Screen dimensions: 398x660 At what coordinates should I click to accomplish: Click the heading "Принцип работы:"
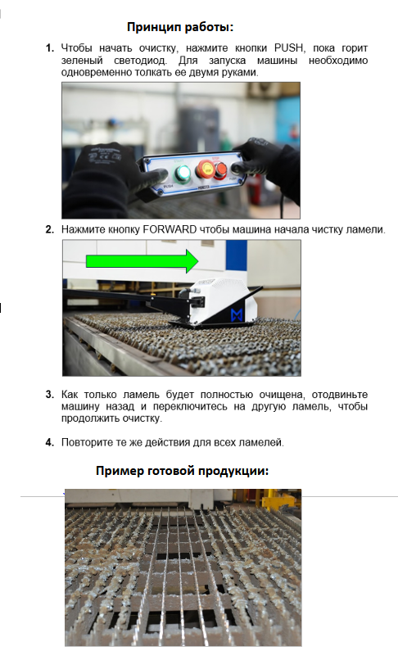pyautogui.click(x=180, y=27)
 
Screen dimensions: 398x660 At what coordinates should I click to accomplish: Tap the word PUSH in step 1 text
pyautogui.click(x=288, y=48)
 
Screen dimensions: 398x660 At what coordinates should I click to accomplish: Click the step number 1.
pyautogui.click(x=50, y=48)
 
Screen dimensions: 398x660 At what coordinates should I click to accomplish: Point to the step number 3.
pyautogui.click(x=50, y=395)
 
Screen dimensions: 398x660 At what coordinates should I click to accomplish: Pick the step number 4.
pyautogui.click(x=50, y=442)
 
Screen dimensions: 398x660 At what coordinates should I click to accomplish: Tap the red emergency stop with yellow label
pyautogui.click(x=206, y=170)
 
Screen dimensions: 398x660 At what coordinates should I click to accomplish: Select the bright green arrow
pyautogui.click(x=142, y=261)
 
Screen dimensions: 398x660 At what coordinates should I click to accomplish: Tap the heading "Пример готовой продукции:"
pyautogui.click(x=182, y=471)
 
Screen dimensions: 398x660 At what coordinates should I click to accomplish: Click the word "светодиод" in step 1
pyautogui.click(x=140, y=61)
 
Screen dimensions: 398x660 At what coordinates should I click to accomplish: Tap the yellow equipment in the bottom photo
pyautogui.click(x=278, y=501)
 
